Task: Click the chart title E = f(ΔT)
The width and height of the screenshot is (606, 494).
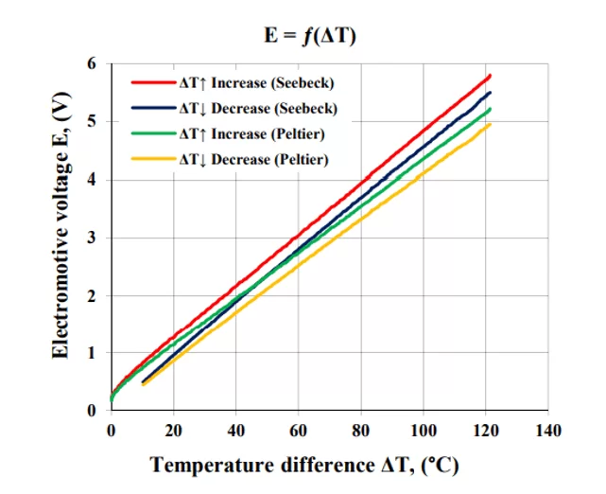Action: click(309, 36)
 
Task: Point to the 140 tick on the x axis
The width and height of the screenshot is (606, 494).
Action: click(548, 431)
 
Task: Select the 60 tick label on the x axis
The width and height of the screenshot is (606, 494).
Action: click(299, 431)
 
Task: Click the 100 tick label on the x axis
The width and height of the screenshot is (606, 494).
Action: click(424, 431)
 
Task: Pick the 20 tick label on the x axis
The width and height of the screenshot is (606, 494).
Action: click(174, 431)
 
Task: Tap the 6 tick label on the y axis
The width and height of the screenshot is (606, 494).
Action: click(91, 63)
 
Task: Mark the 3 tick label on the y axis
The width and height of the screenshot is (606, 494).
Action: click(91, 238)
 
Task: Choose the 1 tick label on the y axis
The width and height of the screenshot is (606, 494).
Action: click(91, 353)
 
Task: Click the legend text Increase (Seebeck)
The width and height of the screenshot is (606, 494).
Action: click(272, 82)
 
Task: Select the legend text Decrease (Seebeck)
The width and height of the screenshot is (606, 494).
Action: click(274, 108)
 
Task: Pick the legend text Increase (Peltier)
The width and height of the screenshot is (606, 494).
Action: click(268, 133)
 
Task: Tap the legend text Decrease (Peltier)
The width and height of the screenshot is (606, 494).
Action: click(269, 159)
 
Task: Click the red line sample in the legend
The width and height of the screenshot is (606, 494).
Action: click(153, 82)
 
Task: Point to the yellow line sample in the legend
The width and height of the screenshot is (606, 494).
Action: click(153, 159)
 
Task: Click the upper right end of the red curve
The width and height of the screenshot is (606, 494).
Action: click(490, 75)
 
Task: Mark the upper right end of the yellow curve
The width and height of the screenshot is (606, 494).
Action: click(490, 124)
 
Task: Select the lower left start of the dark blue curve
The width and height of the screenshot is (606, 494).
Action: click(143, 381)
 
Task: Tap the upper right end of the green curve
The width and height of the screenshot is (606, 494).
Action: click(490, 109)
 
